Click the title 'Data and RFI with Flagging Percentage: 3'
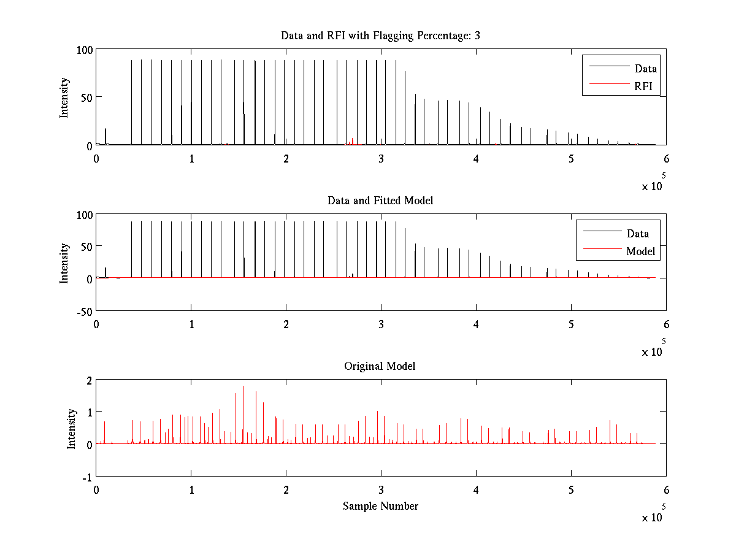point(380,36)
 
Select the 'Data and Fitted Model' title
point(380,201)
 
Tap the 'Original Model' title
point(380,366)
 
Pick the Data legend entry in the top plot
point(646,68)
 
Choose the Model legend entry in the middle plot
point(640,251)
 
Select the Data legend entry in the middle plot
point(637,233)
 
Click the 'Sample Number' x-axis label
point(380,506)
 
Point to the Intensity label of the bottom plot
point(71,429)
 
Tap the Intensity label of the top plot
point(64,98)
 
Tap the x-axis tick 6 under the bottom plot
point(666,491)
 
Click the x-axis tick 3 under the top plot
point(381,159)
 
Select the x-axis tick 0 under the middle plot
point(96,324)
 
